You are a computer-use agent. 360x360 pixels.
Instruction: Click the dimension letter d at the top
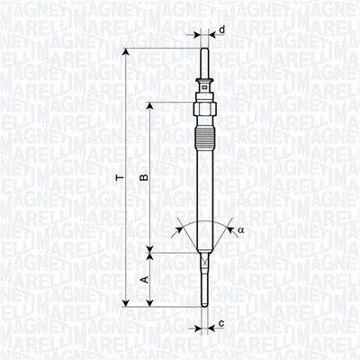[221, 31]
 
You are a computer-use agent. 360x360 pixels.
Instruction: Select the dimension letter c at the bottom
[221, 323]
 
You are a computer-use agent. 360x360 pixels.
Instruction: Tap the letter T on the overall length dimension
[119, 177]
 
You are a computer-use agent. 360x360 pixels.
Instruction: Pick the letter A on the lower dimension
[144, 280]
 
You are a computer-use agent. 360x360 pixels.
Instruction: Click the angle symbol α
[241, 230]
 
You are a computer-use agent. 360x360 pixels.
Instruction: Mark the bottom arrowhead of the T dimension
[125, 301]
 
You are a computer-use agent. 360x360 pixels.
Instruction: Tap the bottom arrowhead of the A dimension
[150, 301]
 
